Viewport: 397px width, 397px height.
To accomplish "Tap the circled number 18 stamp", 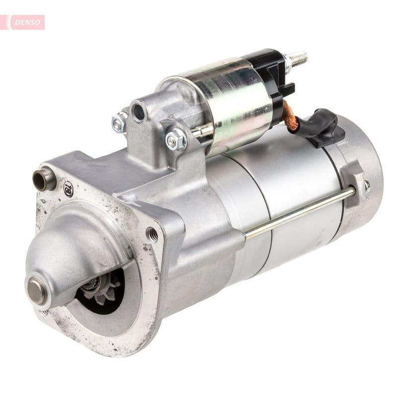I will [68, 188].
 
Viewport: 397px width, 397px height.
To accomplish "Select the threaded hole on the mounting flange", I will [152, 234].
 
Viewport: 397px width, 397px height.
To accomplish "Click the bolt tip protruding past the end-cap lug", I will [367, 186].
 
